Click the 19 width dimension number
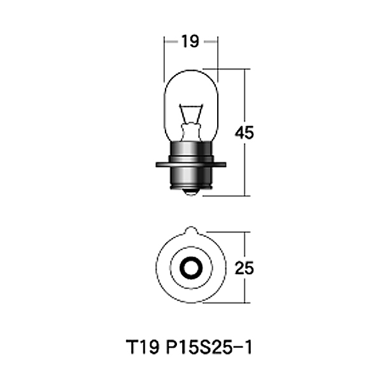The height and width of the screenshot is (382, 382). [x=190, y=43]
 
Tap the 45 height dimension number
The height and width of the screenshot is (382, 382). [x=244, y=133]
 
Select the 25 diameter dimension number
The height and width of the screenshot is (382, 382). [x=244, y=268]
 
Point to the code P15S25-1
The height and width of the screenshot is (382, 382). [x=210, y=349]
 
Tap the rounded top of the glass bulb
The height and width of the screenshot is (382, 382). [x=191, y=71]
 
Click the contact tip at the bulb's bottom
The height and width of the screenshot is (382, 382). [x=191, y=192]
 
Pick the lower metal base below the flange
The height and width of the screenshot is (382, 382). [x=191, y=178]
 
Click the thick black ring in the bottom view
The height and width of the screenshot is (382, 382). [x=191, y=267]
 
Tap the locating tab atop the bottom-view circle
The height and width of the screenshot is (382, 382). [x=191, y=230]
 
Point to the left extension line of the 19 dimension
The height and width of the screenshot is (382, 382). [x=165, y=54]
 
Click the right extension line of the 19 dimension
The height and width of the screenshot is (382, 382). [x=217, y=54]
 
